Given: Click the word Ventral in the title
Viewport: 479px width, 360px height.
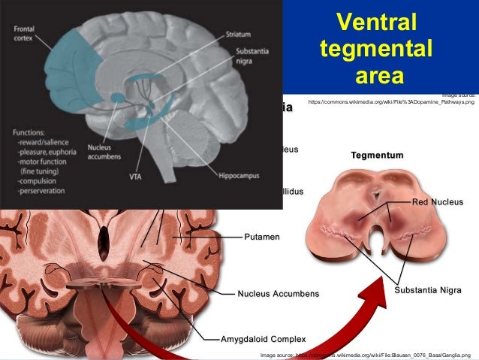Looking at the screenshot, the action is tap(375, 24).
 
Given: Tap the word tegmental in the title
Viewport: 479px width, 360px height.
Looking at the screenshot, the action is tap(375, 50).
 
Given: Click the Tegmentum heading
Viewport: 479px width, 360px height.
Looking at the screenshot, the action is tap(377, 155).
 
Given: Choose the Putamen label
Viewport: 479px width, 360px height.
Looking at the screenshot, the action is tap(262, 237).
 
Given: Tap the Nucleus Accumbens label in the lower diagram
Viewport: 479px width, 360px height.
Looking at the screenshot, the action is tap(279, 292).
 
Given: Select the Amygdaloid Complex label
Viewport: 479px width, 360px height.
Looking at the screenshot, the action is tap(263, 338).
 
